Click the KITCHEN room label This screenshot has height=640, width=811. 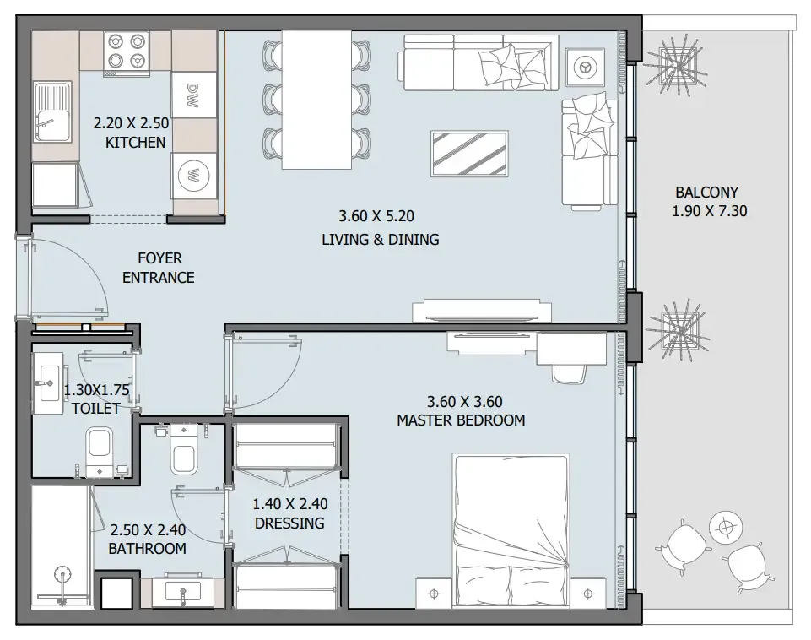pyautogui.click(x=135, y=143)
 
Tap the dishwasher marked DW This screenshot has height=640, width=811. pyautogui.click(x=192, y=90)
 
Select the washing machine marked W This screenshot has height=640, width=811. pyautogui.click(x=192, y=176)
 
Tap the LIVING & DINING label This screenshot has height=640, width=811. pyautogui.click(x=380, y=240)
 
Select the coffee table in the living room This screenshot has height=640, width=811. pyautogui.click(x=469, y=154)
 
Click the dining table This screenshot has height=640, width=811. pyautogui.click(x=316, y=99)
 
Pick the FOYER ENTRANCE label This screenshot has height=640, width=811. pyautogui.click(x=159, y=268)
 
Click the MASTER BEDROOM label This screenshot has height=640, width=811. pyautogui.click(x=461, y=420)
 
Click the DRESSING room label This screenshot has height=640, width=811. pyautogui.click(x=289, y=523)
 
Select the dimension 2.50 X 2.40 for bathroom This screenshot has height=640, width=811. pyautogui.click(x=148, y=531)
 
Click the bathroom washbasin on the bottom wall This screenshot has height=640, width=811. pyautogui.click(x=181, y=588)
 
